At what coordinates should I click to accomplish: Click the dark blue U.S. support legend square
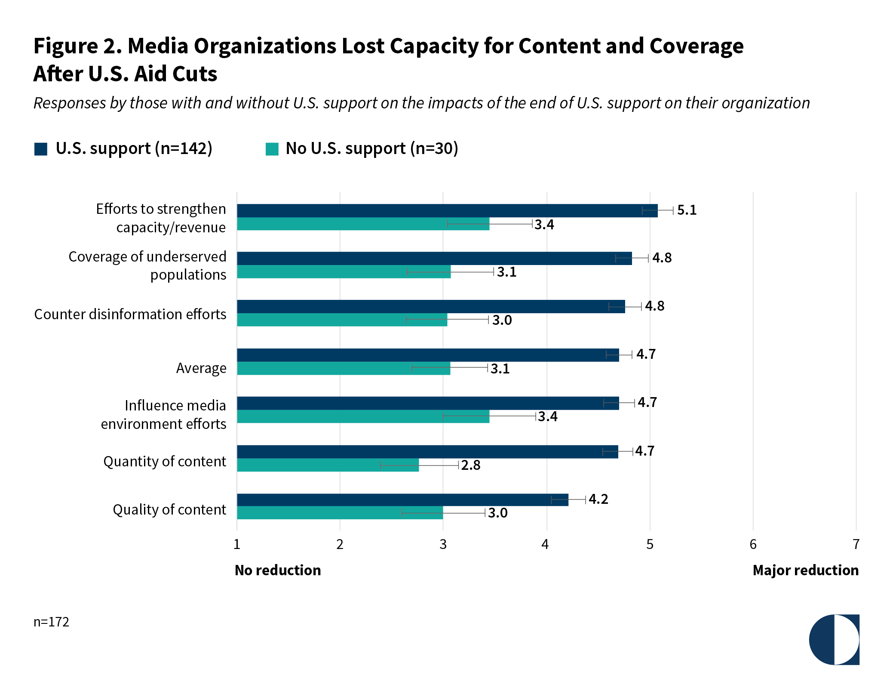41,149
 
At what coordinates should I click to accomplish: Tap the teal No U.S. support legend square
272,149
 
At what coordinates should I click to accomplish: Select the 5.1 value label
687,210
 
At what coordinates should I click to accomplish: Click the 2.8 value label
471,465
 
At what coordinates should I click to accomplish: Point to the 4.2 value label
598,499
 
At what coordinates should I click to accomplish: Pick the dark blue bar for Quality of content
402,500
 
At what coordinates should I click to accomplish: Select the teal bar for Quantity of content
328,465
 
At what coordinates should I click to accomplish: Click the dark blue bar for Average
428,355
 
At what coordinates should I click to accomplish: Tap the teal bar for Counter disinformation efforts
342,320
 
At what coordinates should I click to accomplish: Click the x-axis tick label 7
856,545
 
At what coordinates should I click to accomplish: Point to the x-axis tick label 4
545,545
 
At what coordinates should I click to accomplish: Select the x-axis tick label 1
237,545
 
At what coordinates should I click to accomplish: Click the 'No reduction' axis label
278,570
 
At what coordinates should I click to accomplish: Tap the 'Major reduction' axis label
806,570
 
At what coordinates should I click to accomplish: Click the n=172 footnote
52,622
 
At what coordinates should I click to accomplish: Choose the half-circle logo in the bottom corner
834,639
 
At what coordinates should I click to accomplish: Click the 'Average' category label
201,368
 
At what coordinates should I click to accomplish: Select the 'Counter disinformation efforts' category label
130,315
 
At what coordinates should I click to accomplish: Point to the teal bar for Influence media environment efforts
363,416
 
